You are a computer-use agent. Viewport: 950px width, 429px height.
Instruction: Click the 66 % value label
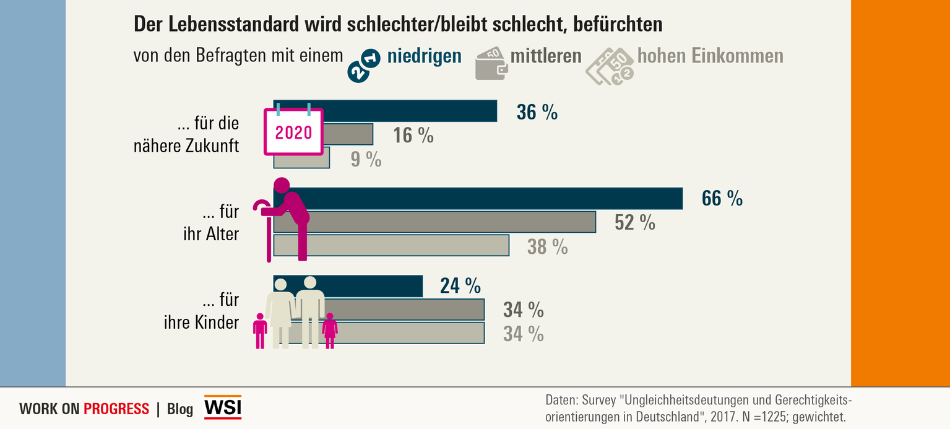(722, 198)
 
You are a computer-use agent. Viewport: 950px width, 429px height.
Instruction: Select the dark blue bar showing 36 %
(408, 111)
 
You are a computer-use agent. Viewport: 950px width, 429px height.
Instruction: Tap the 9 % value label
(366, 159)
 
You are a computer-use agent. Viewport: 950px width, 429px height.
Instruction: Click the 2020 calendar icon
(294, 131)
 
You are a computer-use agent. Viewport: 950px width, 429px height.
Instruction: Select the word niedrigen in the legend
(424, 56)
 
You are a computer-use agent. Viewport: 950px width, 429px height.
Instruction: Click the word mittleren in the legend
(546, 56)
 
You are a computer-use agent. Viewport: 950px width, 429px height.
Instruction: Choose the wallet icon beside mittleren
(491, 64)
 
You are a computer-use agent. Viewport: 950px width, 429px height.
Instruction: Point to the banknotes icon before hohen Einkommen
(610, 66)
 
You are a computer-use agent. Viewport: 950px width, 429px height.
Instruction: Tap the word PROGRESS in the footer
(116, 409)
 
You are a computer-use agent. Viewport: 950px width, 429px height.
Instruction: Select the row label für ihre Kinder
(201, 311)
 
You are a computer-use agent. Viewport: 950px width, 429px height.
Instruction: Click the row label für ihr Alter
(212, 223)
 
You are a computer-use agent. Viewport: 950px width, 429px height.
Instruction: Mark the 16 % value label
(413, 136)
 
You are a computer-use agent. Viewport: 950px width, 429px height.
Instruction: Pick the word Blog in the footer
(180, 409)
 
